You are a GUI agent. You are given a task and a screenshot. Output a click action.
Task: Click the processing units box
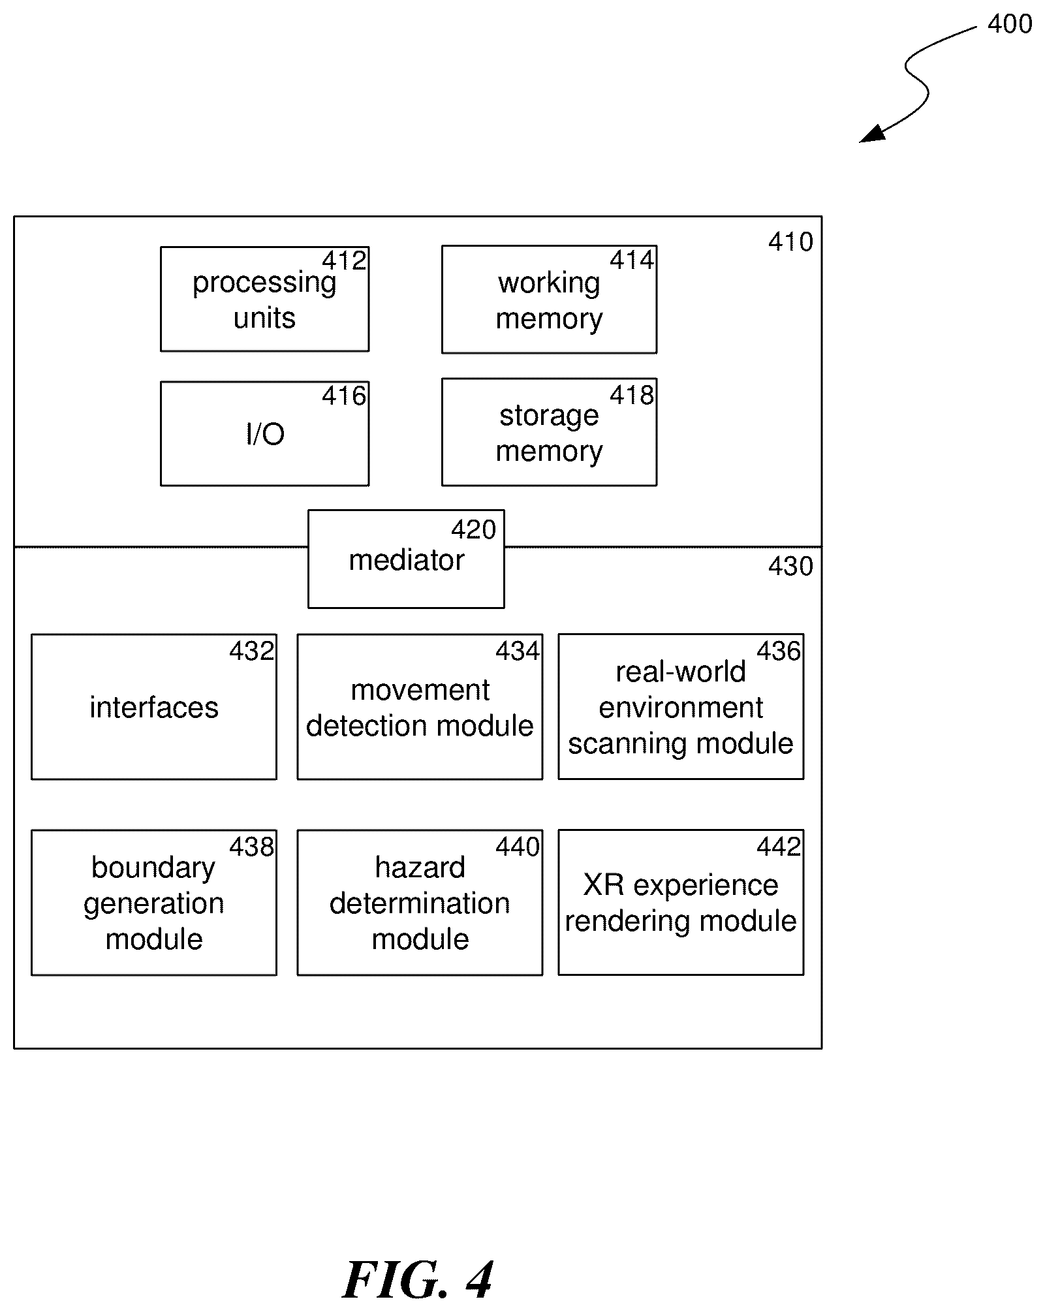click(x=264, y=299)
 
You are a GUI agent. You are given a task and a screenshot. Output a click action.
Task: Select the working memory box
click(x=549, y=300)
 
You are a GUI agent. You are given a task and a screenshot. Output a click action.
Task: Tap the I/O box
click(x=264, y=433)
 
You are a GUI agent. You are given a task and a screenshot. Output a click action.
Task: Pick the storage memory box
click(x=549, y=432)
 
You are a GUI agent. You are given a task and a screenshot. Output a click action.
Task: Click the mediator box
click(x=406, y=559)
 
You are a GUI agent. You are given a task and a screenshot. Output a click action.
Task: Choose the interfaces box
click(x=154, y=706)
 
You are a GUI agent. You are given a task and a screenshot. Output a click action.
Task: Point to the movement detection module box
click(x=420, y=706)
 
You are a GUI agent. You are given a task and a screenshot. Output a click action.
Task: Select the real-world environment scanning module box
click(x=681, y=706)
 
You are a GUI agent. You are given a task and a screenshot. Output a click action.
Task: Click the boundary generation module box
click(x=154, y=903)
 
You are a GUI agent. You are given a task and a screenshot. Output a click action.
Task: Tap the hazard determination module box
click(x=420, y=903)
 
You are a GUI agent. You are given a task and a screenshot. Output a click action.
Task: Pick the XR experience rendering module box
click(x=681, y=903)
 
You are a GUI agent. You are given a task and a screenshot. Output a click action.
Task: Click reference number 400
click(x=1010, y=24)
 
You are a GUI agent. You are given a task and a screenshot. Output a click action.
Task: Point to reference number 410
click(x=790, y=242)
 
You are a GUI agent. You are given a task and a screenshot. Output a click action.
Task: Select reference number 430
click(x=790, y=566)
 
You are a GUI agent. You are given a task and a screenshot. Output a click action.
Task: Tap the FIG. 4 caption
click(x=418, y=1280)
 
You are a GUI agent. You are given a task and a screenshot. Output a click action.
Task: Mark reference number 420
click(x=474, y=529)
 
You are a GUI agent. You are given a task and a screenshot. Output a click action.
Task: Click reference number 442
click(x=779, y=847)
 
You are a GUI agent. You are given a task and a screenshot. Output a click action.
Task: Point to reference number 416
click(x=344, y=396)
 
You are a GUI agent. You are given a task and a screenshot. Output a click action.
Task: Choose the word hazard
click(x=420, y=867)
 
